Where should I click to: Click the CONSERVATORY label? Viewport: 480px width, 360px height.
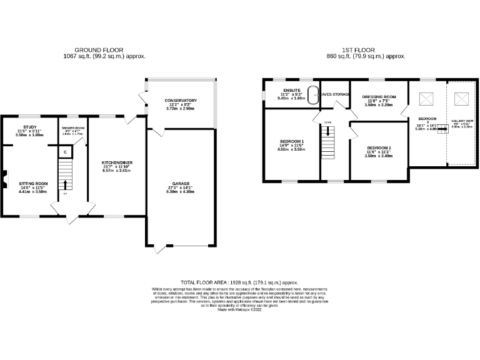(181, 101)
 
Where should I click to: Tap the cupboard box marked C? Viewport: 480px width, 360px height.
(65, 152)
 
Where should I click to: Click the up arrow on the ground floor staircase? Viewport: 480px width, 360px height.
(65, 184)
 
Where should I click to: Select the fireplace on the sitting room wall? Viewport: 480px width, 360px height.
(3, 179)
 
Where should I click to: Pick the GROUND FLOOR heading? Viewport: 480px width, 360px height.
(99, 49)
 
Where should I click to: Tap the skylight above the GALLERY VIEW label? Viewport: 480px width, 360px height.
(461, 98)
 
